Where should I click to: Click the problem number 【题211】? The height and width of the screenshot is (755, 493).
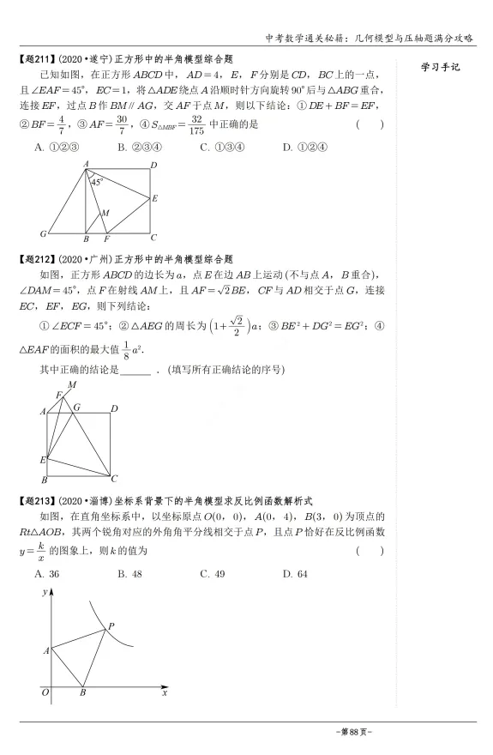point(34,58)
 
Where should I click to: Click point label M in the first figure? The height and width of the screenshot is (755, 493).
point(105,212)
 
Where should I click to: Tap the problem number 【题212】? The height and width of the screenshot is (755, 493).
point(34,258)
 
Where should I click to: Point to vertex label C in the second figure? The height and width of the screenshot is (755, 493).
point(116,479)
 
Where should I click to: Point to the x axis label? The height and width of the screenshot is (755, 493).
point(164,692)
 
